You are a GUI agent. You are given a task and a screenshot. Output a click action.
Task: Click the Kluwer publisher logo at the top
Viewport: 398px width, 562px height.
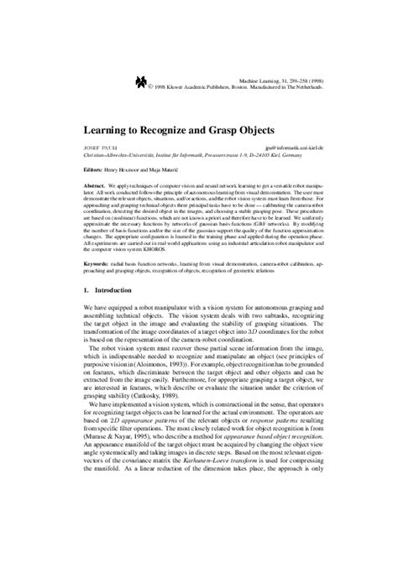click(x=139, y=81)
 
